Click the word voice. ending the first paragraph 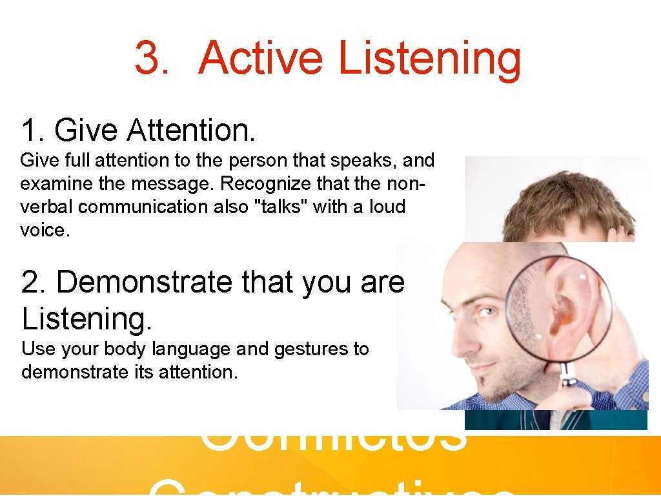point(44,230)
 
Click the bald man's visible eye point(483,312)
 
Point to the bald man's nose point(458,339)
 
